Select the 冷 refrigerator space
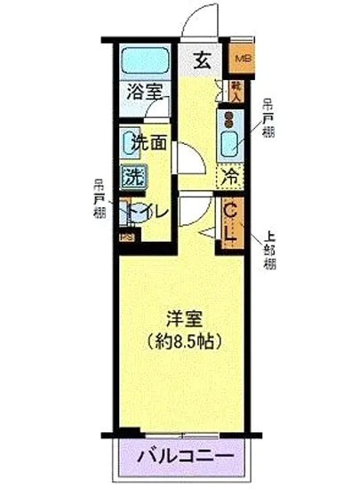coord(230,176)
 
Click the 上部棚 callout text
coord(269,252)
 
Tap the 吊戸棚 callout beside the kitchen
coord(268,119)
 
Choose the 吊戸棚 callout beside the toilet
coord(100,200)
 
